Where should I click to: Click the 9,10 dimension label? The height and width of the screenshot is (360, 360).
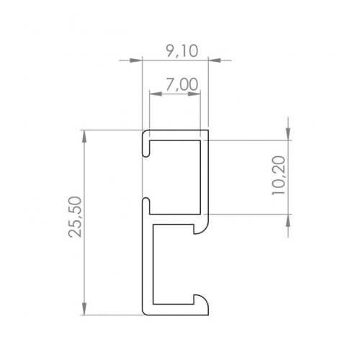(182, 51)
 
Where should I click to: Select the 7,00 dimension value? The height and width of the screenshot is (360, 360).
(182, 84)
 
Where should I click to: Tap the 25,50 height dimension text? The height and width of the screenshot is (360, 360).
(75, 217)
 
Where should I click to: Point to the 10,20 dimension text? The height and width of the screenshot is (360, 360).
(279, 175)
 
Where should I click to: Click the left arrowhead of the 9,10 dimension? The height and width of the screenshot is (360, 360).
(136, 60)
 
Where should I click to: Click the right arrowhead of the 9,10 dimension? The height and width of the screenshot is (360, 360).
(215, 60)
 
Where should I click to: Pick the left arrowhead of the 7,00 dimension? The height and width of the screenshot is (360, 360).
(156, 94)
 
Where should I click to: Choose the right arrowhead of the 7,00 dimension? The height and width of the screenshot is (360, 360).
(194, 94)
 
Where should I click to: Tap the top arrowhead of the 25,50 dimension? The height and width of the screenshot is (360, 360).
(84, 136)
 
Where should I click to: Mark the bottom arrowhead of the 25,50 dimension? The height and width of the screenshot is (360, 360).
(84, 309)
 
